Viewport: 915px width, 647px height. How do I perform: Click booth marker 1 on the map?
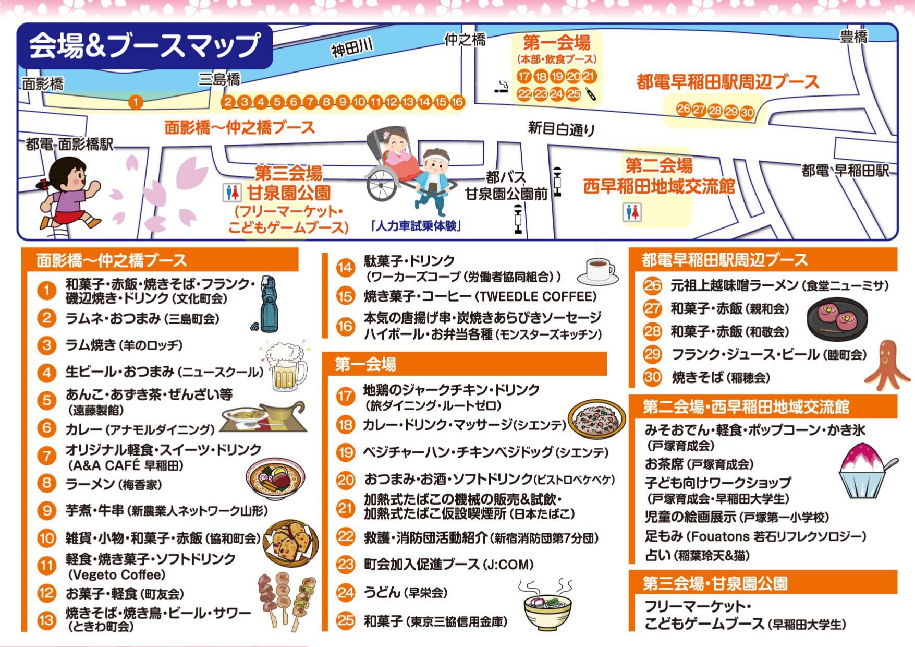coord(136,102)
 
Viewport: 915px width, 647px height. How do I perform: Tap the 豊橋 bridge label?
coord(853,37)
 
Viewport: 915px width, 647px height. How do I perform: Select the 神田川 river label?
coord(352,49)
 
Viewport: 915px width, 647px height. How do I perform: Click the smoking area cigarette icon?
coord(502,88)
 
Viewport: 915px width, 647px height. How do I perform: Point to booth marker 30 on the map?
coord(748,112)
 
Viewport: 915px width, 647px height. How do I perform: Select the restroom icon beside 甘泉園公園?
coord(232,193)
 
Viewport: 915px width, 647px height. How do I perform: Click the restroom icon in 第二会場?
coord(632,212)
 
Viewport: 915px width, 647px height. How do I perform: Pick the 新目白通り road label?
coord(561,128)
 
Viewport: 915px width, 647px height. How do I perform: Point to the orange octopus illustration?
coord(887,365)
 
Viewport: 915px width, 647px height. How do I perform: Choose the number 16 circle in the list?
coord(345,326)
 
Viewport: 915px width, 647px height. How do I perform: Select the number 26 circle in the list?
coord(652,285)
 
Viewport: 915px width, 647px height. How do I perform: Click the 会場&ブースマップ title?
coord(144,46)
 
